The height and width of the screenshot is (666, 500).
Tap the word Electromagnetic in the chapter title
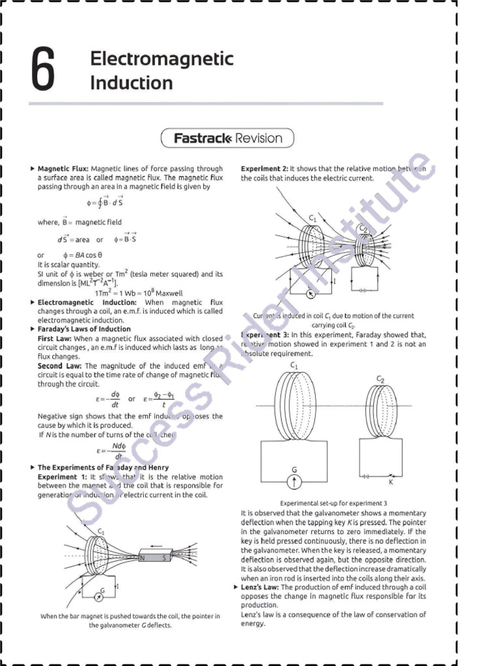point(161,59)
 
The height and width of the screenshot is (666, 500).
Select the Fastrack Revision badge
point(228,138)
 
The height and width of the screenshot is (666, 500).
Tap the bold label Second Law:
point(60,366)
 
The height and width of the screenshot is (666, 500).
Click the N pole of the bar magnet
point(142,557)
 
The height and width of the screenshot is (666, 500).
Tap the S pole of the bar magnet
point(164,557)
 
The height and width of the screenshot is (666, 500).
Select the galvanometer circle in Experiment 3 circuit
point(294,481)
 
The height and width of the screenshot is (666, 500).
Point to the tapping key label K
point(391,483)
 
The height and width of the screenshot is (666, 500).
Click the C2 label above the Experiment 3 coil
point(380,379)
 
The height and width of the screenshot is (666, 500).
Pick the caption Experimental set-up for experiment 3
point(333,503)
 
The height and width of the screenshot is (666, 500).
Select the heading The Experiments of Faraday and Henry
point(103,467)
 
